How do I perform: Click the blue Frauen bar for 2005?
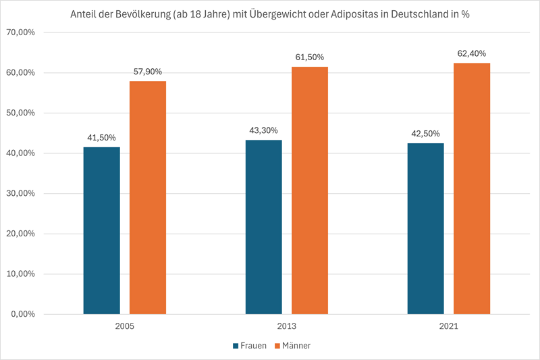pyautogui.click(x=102, y=230)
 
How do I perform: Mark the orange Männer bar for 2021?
pyautogui.click(x=472, y=188)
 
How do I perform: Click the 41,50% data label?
pyautogui.click(x=102, y=137)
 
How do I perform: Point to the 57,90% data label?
pyautogui.click(x=148, y=71)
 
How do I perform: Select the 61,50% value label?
pyautogui.click(x=310, y=57)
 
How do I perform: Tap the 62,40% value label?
pyautogui.click(x=472, y=53)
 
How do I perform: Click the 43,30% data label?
pyautogui.click(x=264, y=130)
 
